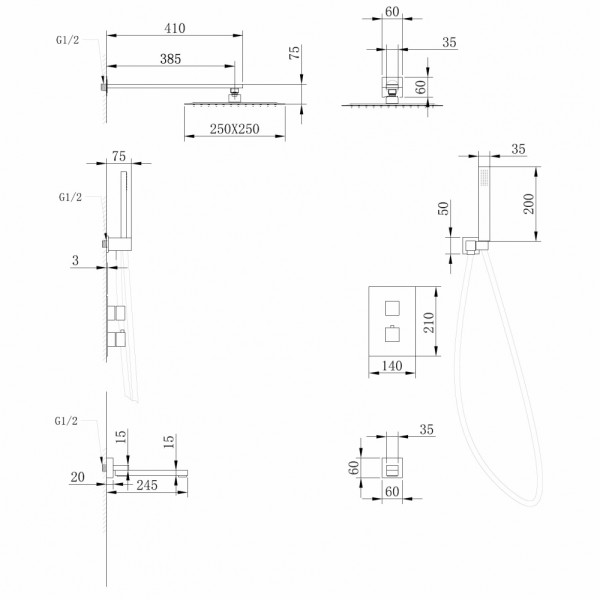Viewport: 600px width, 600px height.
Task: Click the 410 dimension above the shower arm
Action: click(176, 30)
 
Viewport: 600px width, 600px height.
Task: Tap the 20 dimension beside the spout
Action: click(78, 478)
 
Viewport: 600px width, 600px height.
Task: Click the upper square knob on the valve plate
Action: click(390, 306)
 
